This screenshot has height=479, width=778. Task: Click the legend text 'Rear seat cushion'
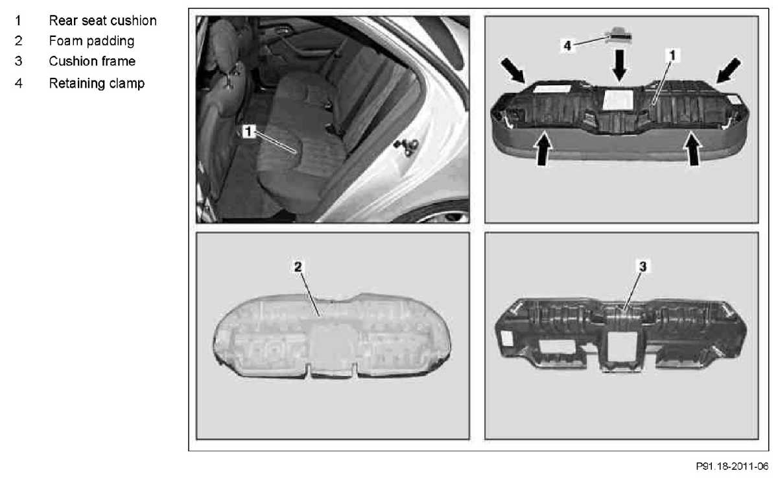tap(102, 21)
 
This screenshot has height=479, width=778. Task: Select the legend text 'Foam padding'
tap(91, 41)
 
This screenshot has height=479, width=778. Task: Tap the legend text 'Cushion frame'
tap(92, 61)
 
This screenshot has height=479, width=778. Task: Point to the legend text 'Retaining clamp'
tap(97, 84)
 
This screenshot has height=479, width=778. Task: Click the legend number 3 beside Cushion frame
tap(18, 61)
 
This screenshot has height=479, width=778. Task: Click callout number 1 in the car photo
tap(248, 131)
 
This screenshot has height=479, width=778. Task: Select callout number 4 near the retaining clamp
tap(567, 45)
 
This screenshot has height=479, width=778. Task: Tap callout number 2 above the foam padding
tap(298, 267)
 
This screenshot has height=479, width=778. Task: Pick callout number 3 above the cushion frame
tap(643, 267)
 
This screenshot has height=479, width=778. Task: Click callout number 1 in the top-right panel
tap(672, 55)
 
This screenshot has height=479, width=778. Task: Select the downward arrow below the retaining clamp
tap(619, 66)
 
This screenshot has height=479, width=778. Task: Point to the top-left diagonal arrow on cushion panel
tap(513, 71)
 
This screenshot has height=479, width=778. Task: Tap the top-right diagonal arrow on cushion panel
tap(728, 71)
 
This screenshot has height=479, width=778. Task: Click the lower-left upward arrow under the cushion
tap(543, 149)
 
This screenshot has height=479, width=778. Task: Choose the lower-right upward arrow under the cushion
tap(693, 149)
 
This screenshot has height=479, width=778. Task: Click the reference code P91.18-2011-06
tap(732, 467)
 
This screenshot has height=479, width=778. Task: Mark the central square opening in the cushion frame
tap(623, 345)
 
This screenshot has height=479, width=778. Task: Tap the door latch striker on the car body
tap(407, 147)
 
